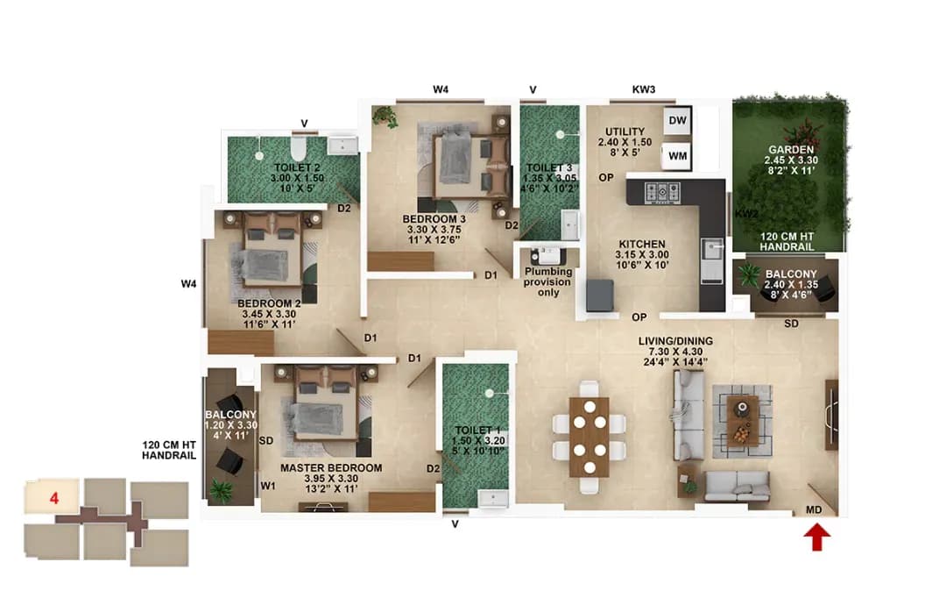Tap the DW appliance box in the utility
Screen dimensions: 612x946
pyautogui.click(x=677, y=120)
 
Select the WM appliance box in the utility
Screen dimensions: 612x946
pyautogui.click(x=677, y=156)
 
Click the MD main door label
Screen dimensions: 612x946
pyautogui.click(x=813, y=509)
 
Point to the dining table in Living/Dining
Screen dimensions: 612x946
pyautogui.click(x=589, y=436)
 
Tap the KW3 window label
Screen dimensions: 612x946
pyautogui.click(x=644, y=89)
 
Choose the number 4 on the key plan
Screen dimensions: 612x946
pyautogui.click(x=54, y=498)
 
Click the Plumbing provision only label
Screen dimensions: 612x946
pyautogui.click(x=548, y=281)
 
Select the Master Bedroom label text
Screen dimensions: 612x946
pyautogui.click(x=331, y=468)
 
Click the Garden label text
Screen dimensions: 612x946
pyautogui.click(x=789, y=149)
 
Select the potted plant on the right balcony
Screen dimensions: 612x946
pyautogui.click(x=749, y=275)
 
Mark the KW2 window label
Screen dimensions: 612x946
pyautogui.click(x=746, y=214)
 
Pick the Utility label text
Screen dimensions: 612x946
pyautogui.click(x=625, y=132)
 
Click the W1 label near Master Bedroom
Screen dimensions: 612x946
pyautogui.click(x=267, y=485)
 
